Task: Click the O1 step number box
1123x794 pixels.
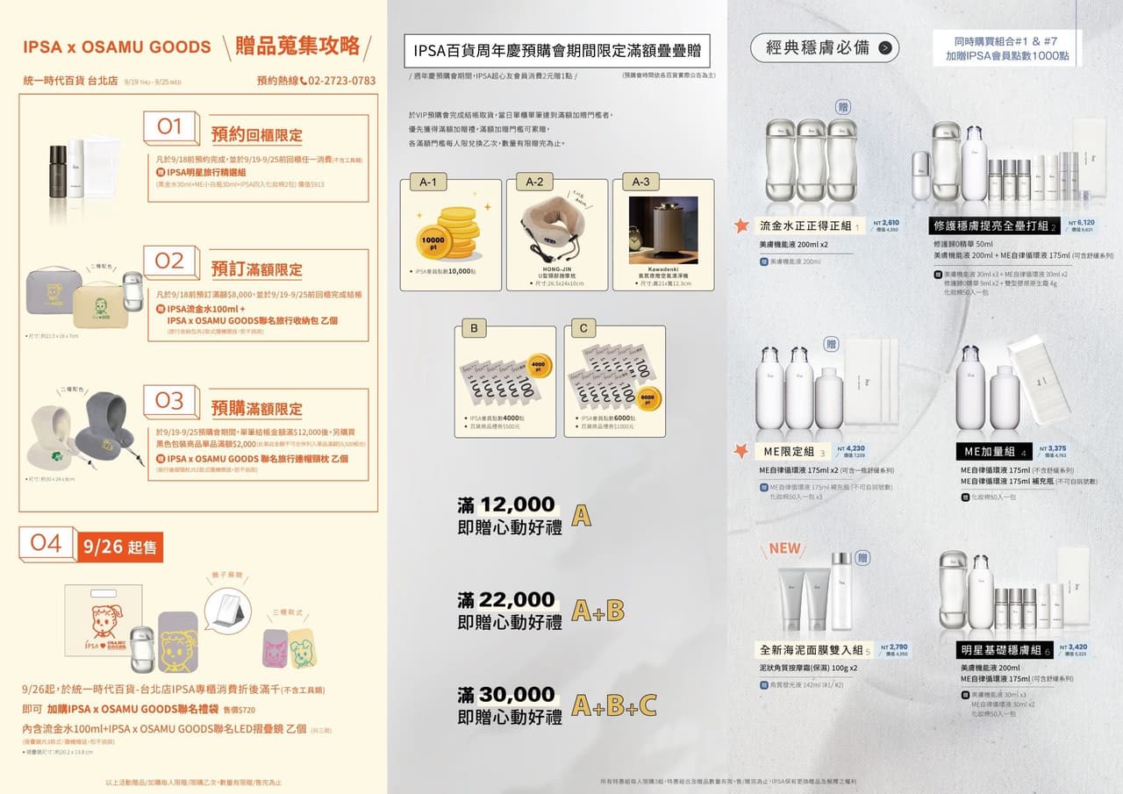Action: coord(170,128)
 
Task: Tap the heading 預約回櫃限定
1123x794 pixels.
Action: coord(256,135)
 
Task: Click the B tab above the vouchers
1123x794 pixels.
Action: coord(474,329)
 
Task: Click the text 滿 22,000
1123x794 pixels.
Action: coord(506,600)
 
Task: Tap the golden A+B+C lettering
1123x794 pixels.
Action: coord(614,705)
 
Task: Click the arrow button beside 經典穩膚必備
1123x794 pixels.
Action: coord(884,48)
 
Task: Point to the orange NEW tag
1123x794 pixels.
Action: coord(784,548)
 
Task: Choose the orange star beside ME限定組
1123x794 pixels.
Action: coord(741,451)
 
